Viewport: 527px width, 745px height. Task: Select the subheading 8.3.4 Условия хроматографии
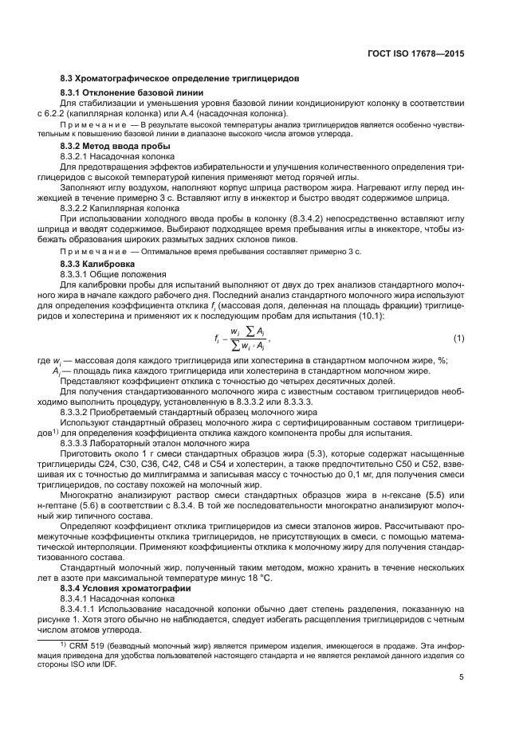click(119, 586)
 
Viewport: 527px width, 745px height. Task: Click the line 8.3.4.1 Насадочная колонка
click(116, 597)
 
